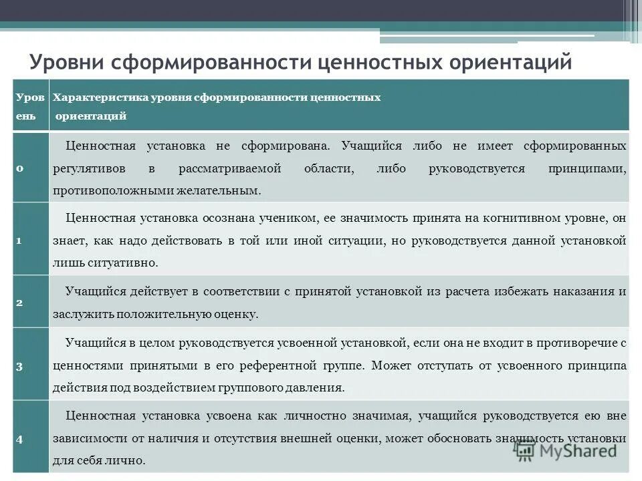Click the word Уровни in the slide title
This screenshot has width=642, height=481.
tap(66, 63)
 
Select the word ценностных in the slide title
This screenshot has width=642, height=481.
tap(369, 63)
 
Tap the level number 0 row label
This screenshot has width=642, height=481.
tap(20, 168)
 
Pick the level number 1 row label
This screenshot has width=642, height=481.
tap(20, 240)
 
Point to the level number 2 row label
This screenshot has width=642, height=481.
tap(20, 302)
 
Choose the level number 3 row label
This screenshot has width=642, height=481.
tap(20, 365)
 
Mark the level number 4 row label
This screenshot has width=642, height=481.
tap(20, 439)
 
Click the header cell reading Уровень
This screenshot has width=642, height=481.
tap(30, 106)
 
